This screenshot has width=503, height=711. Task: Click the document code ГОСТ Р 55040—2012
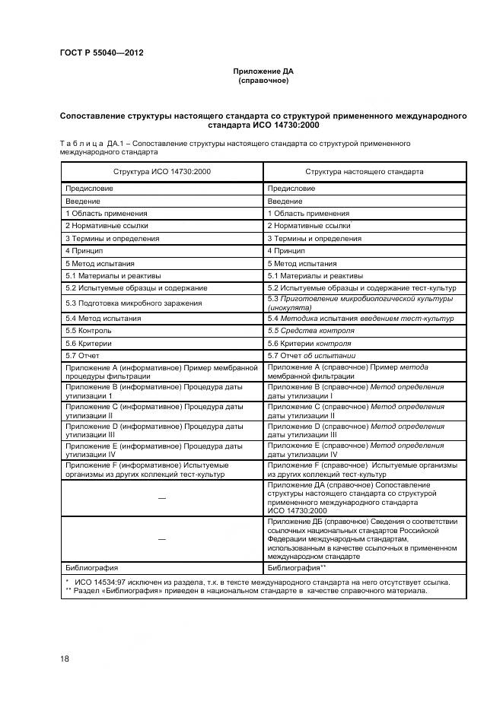point(101,52)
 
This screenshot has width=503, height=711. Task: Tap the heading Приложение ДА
point(263,71)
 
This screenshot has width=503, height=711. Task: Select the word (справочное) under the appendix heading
point(263,80)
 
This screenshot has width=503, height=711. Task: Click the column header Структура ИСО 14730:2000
point(162,172)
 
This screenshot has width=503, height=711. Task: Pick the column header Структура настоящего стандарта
point(365,172)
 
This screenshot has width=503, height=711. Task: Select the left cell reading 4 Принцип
point(84,250)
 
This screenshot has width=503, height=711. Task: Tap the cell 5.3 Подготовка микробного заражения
point(133,303)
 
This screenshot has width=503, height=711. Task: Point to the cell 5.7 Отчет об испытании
point(312,356)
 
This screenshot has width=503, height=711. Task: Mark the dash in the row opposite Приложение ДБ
point(161,538)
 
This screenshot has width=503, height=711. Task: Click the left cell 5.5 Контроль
point(89,331)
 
